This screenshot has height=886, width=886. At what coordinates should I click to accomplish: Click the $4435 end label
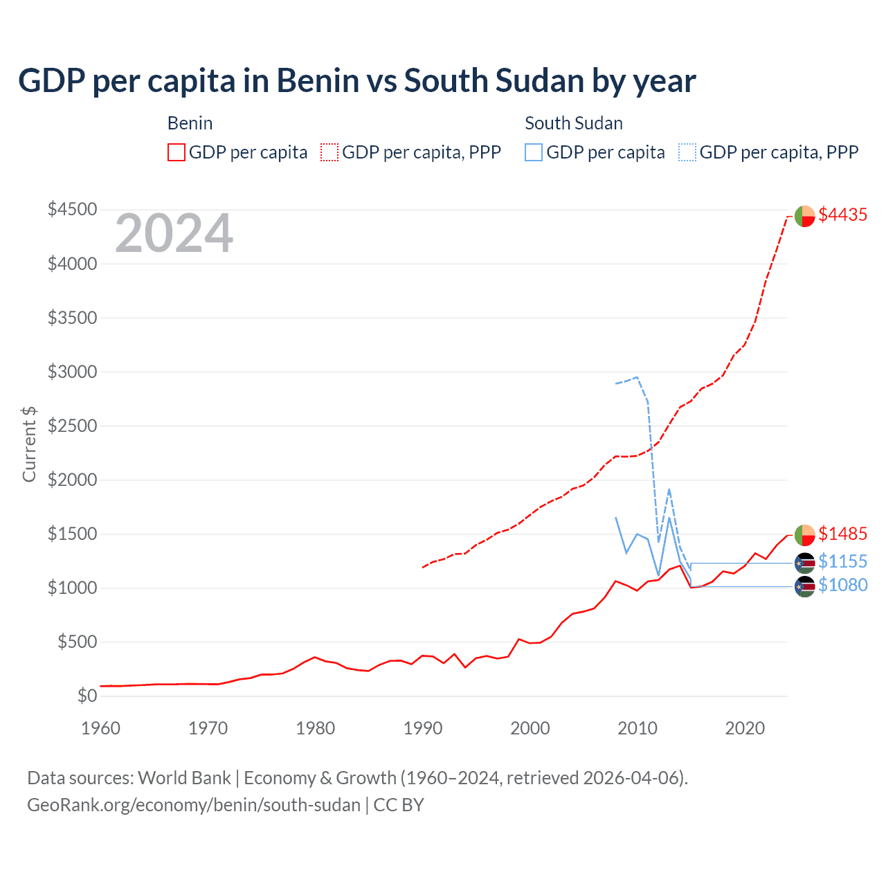(842, 215)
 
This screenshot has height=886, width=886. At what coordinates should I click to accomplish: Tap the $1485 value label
(842, 534)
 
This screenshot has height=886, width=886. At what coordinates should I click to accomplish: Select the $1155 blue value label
(842, 561)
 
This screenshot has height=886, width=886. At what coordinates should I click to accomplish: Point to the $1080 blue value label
(842, 585)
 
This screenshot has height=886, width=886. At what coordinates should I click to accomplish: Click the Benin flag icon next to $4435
(804, 216)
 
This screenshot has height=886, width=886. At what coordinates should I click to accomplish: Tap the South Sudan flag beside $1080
(804, 587)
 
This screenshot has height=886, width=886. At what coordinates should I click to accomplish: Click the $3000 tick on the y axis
(72, 372)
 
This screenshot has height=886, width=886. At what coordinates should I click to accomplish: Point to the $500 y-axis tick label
(77, 642)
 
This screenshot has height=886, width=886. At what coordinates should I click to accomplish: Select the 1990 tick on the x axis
(422, 728)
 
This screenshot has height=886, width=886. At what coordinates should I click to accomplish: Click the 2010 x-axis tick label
(637, 728)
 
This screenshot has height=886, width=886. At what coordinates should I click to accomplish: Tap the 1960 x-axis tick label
(101, 728)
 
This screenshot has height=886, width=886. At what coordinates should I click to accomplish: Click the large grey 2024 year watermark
(174, 233)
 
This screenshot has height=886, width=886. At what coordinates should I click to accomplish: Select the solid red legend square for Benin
(177, 152)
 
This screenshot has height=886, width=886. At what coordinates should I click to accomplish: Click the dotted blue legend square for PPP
(687, 152)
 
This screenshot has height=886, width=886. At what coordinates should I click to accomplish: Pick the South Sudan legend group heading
(573, 123)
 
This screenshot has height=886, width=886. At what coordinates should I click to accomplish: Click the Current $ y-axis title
(29, 444)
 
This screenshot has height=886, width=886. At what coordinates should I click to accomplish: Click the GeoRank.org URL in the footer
(194, 805)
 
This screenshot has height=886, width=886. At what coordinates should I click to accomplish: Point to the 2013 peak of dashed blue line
(669, 489)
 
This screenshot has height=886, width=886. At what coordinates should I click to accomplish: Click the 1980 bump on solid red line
(315, 657)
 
